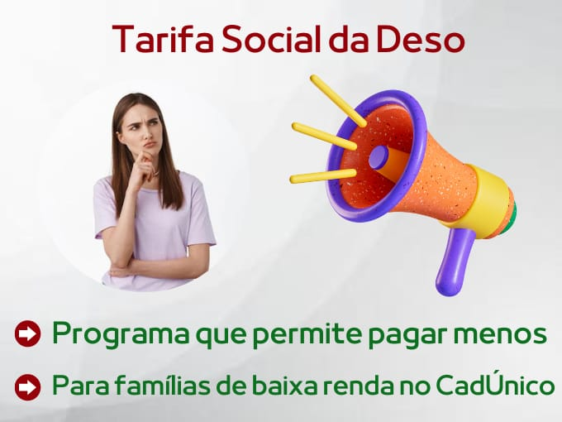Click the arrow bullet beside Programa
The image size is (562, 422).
click(27, 333)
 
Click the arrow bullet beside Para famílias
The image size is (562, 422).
click(27, 387)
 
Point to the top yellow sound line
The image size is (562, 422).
click(338, 100)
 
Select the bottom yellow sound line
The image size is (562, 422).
click(323, 175)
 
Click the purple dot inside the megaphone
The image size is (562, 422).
click(379, 157)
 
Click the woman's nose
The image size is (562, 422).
click(148, 134)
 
